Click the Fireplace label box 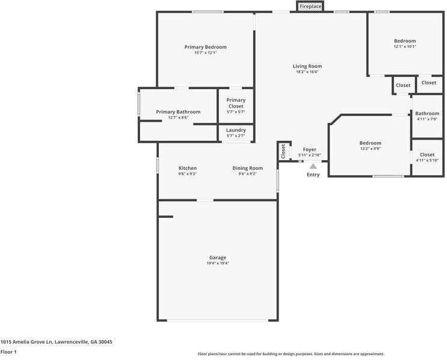tap(310, 6)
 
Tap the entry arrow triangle tap(313, 166)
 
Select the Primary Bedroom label tap(206, 47)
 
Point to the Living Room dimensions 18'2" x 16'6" tap(307, 72)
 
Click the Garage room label tap(218, 258)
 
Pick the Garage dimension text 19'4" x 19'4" tap(218, 263)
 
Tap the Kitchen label tap(188, 168)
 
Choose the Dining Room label tap(247, 168)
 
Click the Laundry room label tap(236, 130)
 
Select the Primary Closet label tap(236, 103)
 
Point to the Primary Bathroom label tap(178, 112)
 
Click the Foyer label tap(310, 149)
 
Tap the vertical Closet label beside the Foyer tap(283, 151)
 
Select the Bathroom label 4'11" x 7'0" tap(427, 113)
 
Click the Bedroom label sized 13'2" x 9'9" tap(371, 143)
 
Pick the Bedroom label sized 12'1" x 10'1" tap(405, 41)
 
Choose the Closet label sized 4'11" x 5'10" tap(427, 155)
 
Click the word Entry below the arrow tap(313, 175)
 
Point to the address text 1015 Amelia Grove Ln tap(26, 342)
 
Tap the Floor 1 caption tap(8, 352)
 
